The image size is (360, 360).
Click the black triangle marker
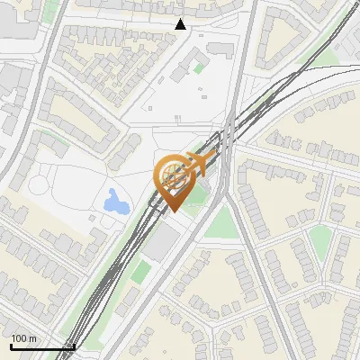(x=181, y=24)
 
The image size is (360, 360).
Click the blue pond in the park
(x=115, y=202)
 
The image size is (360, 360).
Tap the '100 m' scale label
(x=23, y=338)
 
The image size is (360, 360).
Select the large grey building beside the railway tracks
(x=163, y=243)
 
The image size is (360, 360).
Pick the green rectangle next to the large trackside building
(x=139, y=270)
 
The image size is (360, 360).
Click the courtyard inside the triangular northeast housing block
(x=287, y=36)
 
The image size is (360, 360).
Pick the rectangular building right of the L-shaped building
(x=220, y=49)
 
